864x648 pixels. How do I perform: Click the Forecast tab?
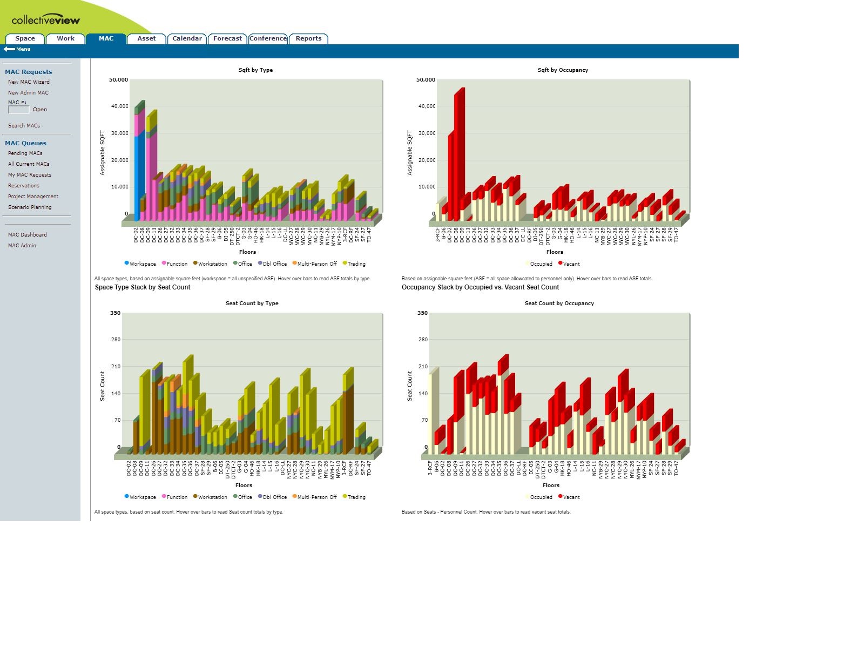click(x=227, y=38)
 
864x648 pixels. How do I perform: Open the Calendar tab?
click(x=187, y=38)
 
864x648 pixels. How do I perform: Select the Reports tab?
click(x=308, y=38)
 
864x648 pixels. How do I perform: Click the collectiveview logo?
click(x=46, y=21)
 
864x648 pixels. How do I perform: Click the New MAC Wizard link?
click(x=29, y=82)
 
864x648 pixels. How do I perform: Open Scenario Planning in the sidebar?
click(x=30, y=207)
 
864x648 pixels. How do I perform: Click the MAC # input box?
click(x=19, y=110)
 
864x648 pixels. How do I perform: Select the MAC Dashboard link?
click(x=27, y=235)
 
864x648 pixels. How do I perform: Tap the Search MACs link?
click(x=24, y=126)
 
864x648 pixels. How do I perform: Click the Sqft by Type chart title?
click(x=255, y=70)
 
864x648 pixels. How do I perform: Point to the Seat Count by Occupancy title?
click(x=559, y=303)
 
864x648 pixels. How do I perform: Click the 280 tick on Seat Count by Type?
click(x=115, y=340)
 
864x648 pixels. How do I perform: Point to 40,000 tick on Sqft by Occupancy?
click(x=427, y=106)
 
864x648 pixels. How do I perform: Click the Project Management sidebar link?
click(x=33, y=197)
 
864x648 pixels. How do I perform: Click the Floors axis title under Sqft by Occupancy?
click(x=555, y=252)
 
